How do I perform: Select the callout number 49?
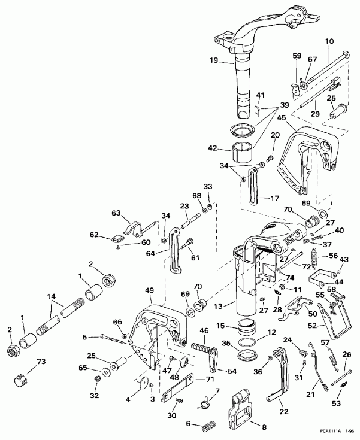[149, 291]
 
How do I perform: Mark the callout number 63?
[116, 212]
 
